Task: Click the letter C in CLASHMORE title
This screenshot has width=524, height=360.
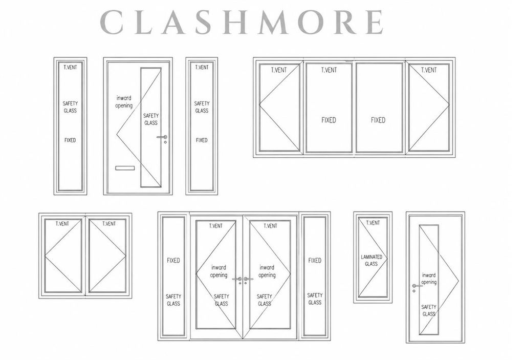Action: pos(112,22)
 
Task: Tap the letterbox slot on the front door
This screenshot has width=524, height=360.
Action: pos(125,168)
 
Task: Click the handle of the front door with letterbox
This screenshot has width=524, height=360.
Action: pos(162,137)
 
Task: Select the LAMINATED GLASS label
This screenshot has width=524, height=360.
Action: pos(372,260)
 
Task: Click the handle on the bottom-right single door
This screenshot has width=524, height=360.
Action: pos(417,286)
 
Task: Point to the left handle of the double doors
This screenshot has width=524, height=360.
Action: pos(237,279)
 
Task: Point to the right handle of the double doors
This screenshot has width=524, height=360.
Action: pos(248,279)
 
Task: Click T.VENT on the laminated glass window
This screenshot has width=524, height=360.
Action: pos(373,223)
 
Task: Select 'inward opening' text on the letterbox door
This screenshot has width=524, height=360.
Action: pos(124,102)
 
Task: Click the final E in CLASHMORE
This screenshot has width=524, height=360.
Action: pos(374,22)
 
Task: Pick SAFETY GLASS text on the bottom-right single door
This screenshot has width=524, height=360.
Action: pos(429,310)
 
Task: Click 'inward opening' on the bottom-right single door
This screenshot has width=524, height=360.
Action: pos(429,279)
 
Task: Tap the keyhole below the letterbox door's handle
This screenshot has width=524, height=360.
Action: pos(165,142)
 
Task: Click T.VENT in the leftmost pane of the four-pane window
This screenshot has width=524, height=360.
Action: pos(279,70)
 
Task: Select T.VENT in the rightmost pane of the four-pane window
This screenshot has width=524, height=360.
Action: pos(429,70)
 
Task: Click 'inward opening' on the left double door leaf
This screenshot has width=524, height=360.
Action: pos(219,271)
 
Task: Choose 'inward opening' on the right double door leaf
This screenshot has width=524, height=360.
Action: pos(267,271)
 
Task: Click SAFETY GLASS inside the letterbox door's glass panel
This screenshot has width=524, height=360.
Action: pos(151,119)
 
